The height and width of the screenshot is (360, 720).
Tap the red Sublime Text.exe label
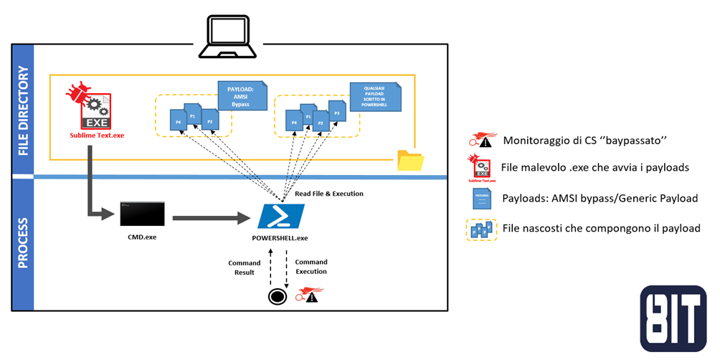click(87, 134)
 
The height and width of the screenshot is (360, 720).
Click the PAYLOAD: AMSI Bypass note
click(240, 95)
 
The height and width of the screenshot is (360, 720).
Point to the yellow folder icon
click(410, 161)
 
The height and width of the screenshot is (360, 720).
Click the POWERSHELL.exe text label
click(281, 237)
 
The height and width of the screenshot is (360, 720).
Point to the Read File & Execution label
click(329, 194)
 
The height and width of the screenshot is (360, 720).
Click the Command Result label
click(245, 267)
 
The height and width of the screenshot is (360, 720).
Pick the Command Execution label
click(311, 267)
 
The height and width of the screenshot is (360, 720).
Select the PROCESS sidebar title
click(23, 243)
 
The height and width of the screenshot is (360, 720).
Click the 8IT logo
click(673, 318)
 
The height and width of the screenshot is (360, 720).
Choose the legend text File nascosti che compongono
click(600, 228)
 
